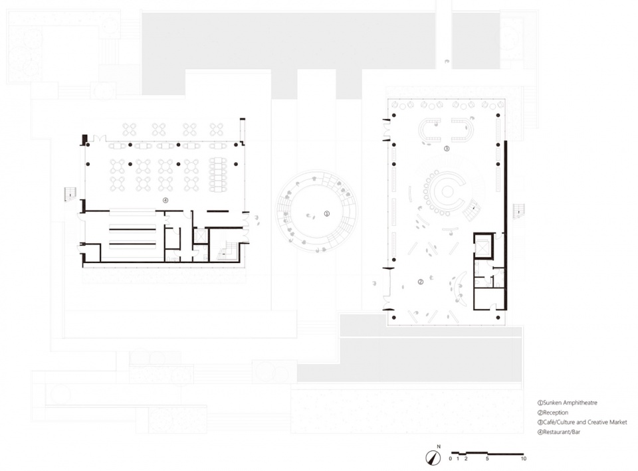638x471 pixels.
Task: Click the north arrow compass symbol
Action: pyautogui.click(x=433, y=458)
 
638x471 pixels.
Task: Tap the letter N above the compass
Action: pyautogui.click(x=439, y=446)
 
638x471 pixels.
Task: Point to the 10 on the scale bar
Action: pyautogui.click(x=523, y=459)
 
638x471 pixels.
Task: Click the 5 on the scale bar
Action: pyautogui.click(x=487, y=459)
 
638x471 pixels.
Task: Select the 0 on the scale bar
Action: pyautogui.click(x=451, y=459)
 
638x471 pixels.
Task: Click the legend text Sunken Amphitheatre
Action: pyautogui.click(x=570, y=403)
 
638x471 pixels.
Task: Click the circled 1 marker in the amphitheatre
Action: pyautogui.click(x=326, y=213)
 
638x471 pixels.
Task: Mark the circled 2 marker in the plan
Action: pyautogui.click(x=421, y=282)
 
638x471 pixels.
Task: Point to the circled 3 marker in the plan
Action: pyautogui.click(x=447, y=148)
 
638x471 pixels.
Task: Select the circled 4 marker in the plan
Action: pyautogui.click(x=165, y=200)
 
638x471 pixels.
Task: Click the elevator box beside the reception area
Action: pyautogui.click(x=483, y=246)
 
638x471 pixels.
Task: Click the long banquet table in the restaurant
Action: pyautogui.click(x=218, y=175)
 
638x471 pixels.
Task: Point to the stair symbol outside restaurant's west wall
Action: pyautogui.click(x=70, y=194)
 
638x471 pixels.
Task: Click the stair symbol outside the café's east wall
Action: pyautogui.click(x=518, y=211)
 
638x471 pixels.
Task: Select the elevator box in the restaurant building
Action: pyautogui.click(x=200, y=236)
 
